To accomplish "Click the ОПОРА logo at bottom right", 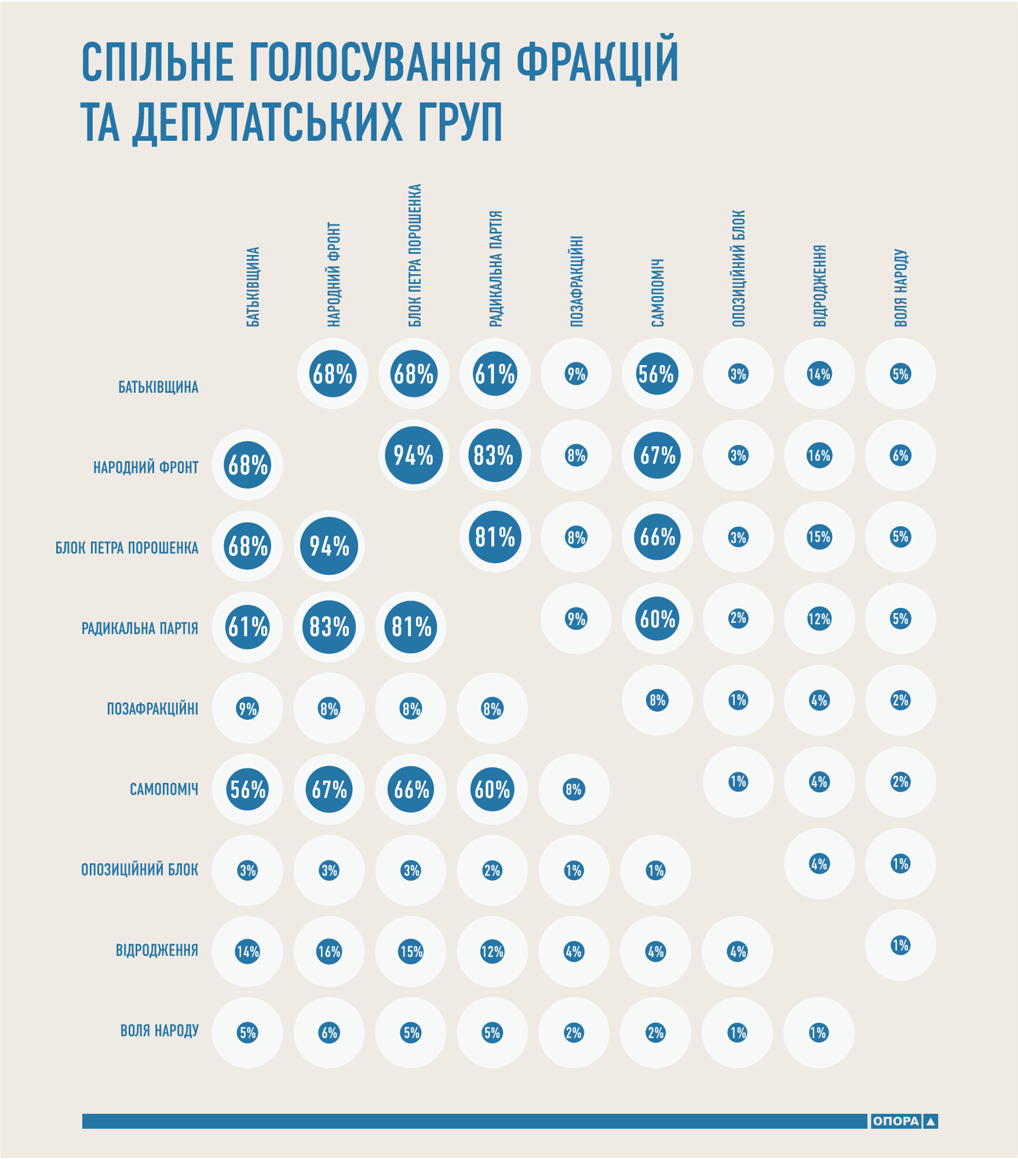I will click(x=903, y=1121).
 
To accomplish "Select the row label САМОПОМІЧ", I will click(x=164, y=789).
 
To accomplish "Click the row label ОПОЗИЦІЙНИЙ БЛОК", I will click(x=140, y=870).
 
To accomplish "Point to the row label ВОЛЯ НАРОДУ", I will click(x=159, y=1030).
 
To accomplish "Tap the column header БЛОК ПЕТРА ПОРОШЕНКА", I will click(x=414, y=256).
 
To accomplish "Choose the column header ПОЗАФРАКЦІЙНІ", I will click(x=576, y=281).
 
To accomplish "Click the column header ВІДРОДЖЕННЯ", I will click(x=819, y=286).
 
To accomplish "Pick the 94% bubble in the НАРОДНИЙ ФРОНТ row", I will click(x=414, y=455).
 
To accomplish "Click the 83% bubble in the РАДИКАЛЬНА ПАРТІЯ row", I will click(x=329, y=627).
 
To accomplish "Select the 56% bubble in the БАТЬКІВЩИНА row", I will click(x=656, y=374).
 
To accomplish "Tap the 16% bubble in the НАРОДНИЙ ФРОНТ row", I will click(x=819, y=455).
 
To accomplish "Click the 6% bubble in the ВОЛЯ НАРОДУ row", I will click(x=329, y=1033).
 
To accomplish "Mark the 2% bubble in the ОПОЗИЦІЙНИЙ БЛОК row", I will click(x=492, y=870).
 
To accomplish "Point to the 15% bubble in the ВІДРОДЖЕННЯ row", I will click(x=411, y=952).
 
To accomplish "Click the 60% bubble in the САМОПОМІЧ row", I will click(x=492, y=789).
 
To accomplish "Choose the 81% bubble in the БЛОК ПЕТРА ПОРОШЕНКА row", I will click(x=495, y=537).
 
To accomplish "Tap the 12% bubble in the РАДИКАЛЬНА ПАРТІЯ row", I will click(x=819, y=619).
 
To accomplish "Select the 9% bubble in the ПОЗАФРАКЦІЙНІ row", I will click(x=247, y=708).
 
